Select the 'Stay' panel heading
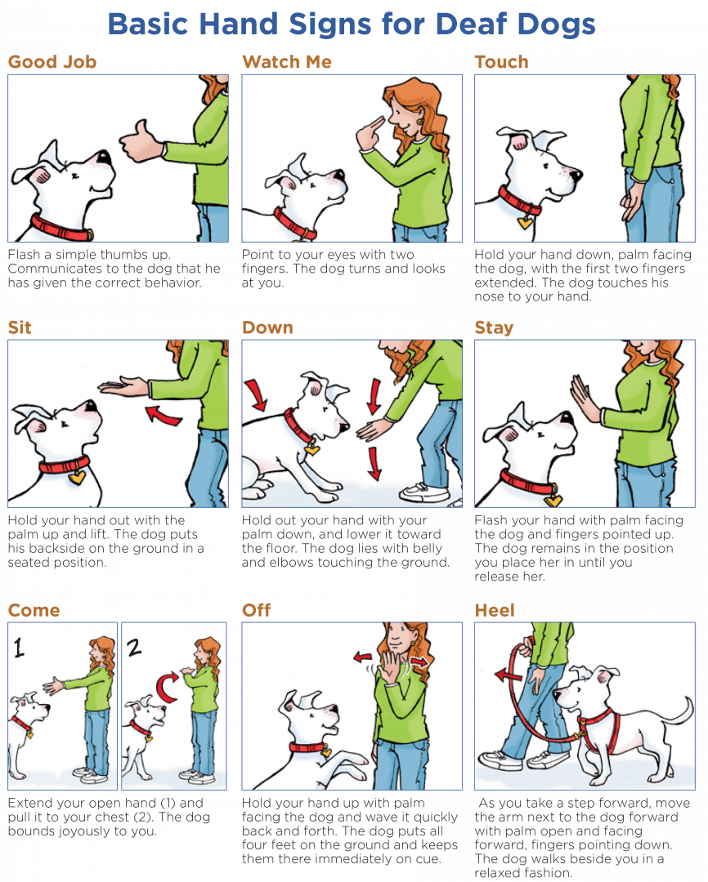pos(494,328)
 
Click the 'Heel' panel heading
pos(495,610)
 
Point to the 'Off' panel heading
pos(256,610)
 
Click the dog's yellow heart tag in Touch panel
pos(524,221)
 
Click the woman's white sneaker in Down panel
pos(424,492)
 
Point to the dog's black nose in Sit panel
pos(92,406)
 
